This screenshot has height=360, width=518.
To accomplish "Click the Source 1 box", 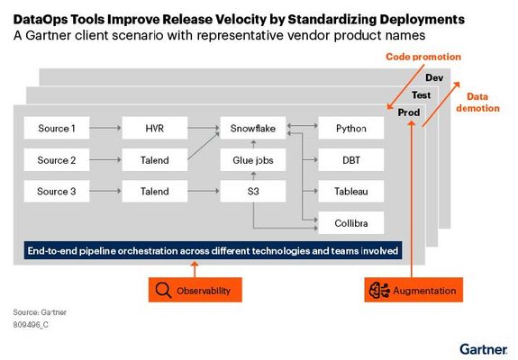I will [x=57, y=129].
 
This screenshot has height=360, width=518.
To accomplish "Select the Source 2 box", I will [x=57, y=160].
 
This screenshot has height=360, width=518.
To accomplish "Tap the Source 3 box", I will [x=57, y=191].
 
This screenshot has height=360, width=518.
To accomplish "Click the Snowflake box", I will [x=253, y=129].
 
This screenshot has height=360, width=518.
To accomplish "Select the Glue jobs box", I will [x=253, y=160].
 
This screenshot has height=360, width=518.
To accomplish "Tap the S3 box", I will [x=253, y=191].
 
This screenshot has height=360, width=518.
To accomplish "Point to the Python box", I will [x=351, y=129].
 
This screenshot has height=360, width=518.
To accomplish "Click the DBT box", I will [x=351, y=160].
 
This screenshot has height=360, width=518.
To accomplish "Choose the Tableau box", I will [x=351, y=191].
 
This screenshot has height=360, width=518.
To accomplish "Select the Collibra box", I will [x=351, y=221].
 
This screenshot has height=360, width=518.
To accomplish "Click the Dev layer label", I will [x=434, y=78].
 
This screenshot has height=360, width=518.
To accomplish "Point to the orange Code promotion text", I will [x=423, y=57].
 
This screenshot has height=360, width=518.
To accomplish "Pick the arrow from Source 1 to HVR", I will [x=106, y=129].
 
